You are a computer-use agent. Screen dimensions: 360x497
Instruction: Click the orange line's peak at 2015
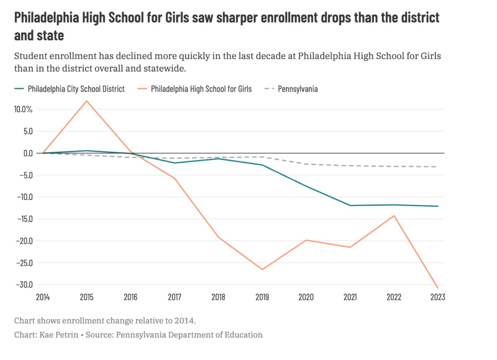pyautogui.click(x=87, y=101)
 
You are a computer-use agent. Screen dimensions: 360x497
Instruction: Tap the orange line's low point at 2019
pyautogui.click(x=262, y=269)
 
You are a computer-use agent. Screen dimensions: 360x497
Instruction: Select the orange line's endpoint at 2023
pyautogui.click(x=438, y=288)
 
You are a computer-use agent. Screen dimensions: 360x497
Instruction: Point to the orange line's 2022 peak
pyautogui.click(x=394, y=216)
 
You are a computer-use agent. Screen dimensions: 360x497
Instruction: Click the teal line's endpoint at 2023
pyautogui.click(x=438, y=206)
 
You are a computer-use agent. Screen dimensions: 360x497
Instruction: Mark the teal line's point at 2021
pyautogui.click(x=350, y=206)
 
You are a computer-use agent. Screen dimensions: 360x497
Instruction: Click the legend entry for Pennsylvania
pyautogui.click(x=298, y=89)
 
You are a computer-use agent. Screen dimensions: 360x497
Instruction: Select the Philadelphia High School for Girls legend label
pyautogui.click(x=201, y=89)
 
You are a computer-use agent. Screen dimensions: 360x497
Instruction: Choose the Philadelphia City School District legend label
pyautogui.click(x=76, y=89)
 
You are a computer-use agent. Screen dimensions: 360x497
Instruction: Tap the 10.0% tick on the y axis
pyautogui.click(x=23, y=110)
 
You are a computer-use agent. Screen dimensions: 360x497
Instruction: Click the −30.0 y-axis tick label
pyautogui.click(x=24, y=285)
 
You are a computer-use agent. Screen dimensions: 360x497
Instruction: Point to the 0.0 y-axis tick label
pyautogui.click(x=28, y=153)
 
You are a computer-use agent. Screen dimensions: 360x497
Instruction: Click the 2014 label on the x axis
pyautogui.click(x=43, y=297)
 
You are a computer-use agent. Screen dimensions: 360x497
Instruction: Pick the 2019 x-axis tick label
pyautogui.click(x=262, y=297)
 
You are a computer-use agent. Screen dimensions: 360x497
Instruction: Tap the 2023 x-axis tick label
pyautogui.click(x=438, y=297)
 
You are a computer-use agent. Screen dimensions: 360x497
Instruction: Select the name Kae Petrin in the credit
pyautogui.click(x=59, y=335)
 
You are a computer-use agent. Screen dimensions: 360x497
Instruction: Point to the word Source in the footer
pyautogui.click(x=99, y=335)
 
